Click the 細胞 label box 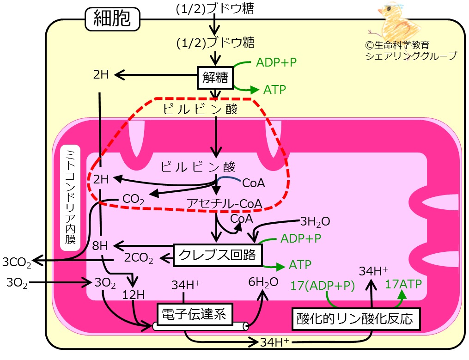click(x=112, y=19)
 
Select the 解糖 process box click(x=215, y=78)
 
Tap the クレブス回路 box click(x=218, y=255)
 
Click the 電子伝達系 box click(x=195, y=314)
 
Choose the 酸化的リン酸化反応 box click(x=356, y=319)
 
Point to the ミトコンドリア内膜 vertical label click(x=70, y=197)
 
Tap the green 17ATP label click(x=403, y=284)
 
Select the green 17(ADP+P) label click(x=323, y=286)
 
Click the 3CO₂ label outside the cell click(x=17, y=262)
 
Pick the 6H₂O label click(x=263, y=282)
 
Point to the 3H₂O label click(x=315, y=222)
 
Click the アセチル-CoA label click(x=224, y=203)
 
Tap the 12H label click(x=134, y=295)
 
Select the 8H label click(x=100, y=246)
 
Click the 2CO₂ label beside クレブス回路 click(x=139, y=258)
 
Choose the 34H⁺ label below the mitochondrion click(x=274, y=342)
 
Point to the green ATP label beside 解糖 click(x=274, y=90)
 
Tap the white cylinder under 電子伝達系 click(x=201, y=326)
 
